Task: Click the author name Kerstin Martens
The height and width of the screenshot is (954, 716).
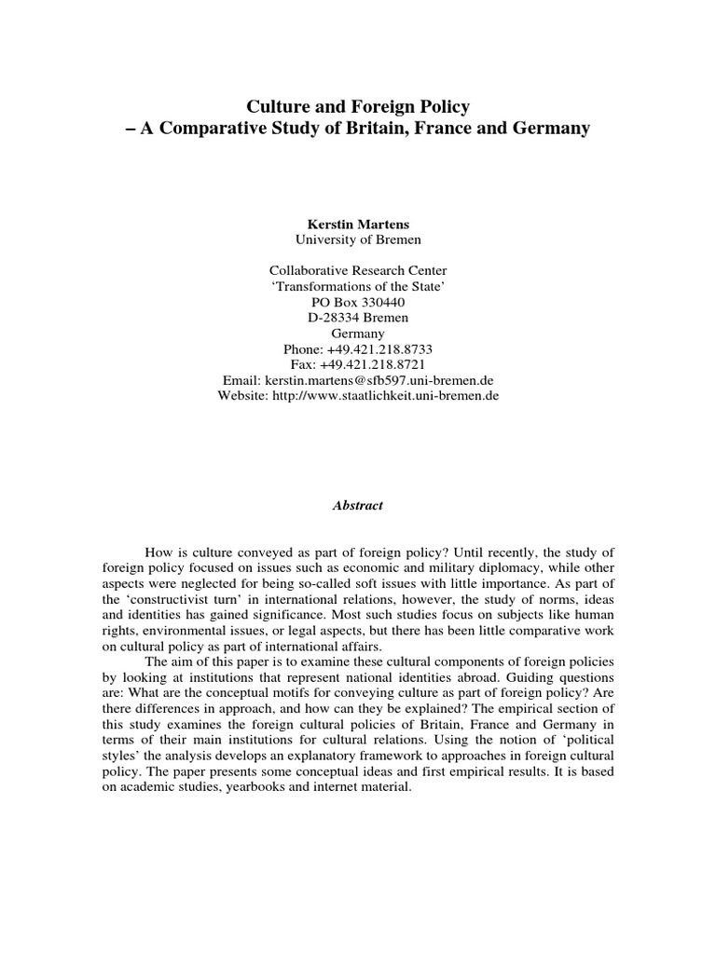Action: (x=358, y=225)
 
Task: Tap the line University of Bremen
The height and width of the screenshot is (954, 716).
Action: (x=358, y=239)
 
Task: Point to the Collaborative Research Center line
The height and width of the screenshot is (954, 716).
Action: (x=358, y=270)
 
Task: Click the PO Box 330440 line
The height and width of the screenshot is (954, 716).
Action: (x=358, y=302)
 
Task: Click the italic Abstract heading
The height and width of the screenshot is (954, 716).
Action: (x=358, y=505)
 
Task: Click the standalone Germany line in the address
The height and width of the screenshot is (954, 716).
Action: (x=358, y=333)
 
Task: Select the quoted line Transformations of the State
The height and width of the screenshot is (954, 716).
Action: (x=358, y=286)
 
